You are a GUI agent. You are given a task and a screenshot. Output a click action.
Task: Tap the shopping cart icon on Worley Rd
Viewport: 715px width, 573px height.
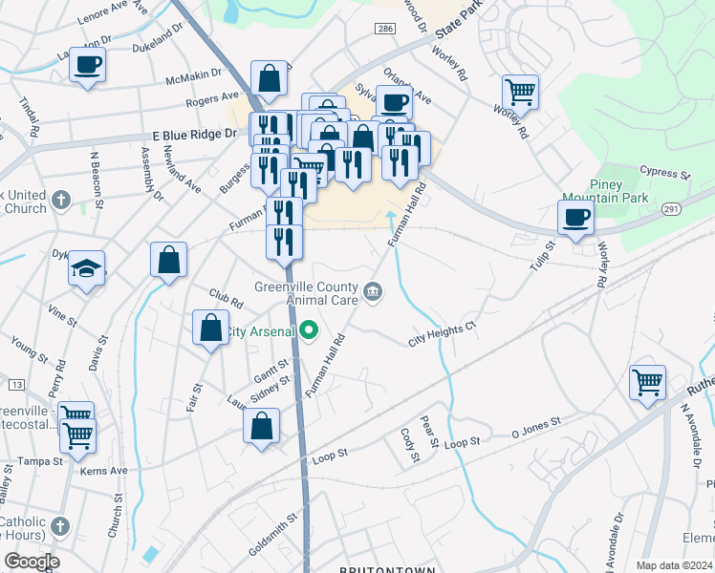point(520,93)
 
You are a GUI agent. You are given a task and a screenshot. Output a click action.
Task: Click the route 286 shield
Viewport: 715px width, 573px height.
point(384,31)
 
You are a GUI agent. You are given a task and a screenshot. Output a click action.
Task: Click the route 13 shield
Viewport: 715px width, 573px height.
point(16,384)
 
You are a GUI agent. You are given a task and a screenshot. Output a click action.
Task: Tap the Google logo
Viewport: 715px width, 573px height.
point(32,562)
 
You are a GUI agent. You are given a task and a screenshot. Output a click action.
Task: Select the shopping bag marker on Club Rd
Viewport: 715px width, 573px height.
point(210,328)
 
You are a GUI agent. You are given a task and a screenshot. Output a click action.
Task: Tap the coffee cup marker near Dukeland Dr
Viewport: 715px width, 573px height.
point(87,65)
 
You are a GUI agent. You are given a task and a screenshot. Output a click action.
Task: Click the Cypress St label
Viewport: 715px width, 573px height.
point(665,175)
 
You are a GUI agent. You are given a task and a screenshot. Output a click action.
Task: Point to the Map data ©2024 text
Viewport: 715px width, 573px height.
point(673,565)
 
